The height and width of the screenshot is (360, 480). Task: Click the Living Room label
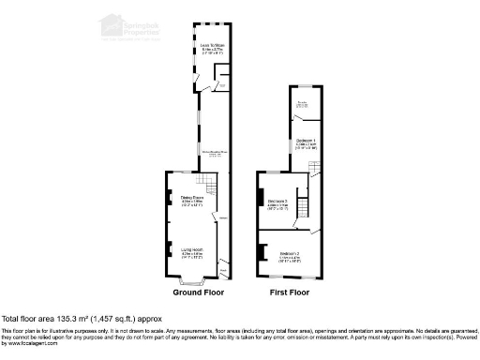191,250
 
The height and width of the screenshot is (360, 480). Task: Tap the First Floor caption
289,293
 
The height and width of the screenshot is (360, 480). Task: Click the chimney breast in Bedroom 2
259,252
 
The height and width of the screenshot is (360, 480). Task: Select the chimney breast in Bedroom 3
259,197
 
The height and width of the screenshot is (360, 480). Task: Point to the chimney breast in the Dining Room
170,198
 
